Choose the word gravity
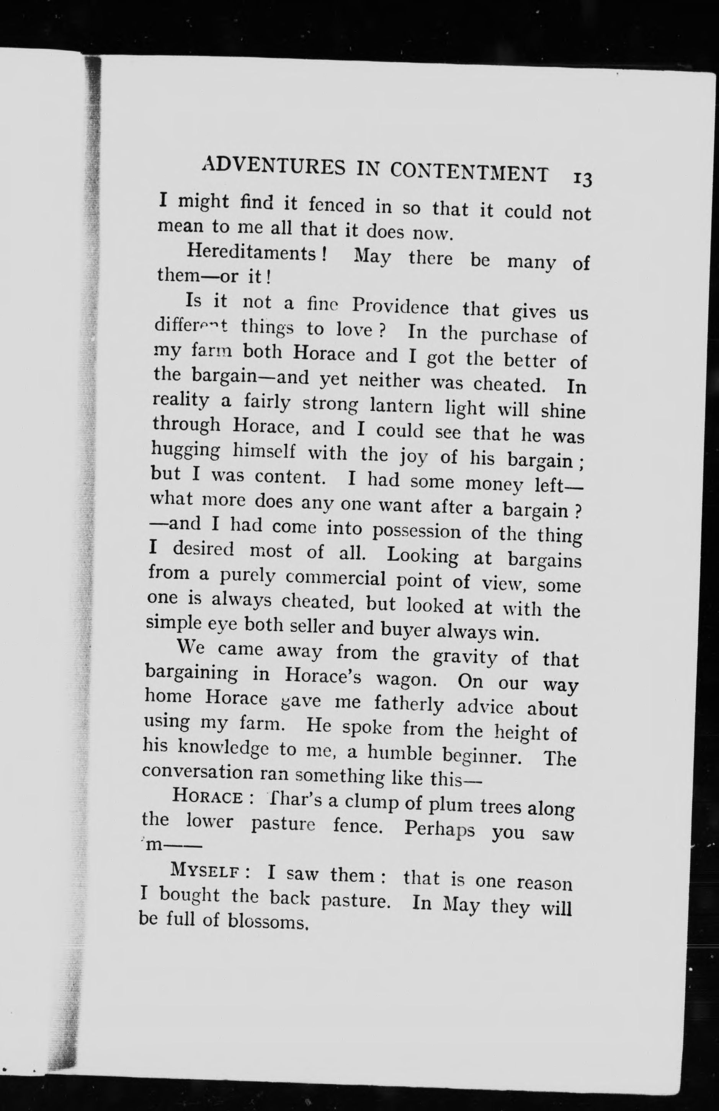pos(464,657)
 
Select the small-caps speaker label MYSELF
pos(206,869)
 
